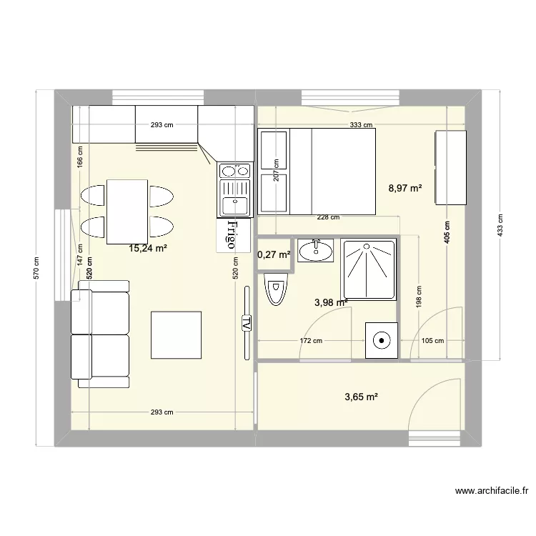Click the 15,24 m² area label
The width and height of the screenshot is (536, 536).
coord(148,249)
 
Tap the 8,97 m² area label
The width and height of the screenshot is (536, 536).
coord(405,189)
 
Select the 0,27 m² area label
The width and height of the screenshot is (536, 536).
coord(274,254)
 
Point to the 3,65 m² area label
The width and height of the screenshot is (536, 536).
coord(361,397)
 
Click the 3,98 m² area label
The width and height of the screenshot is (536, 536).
coord(331,302)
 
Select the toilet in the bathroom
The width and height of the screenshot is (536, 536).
coord(274,289)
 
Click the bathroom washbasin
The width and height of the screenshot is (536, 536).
coord(314,250)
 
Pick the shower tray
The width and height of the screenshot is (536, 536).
coord(369,269)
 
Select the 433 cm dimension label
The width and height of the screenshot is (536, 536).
coord(500,226)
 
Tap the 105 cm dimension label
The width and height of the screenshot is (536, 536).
coord(433,342)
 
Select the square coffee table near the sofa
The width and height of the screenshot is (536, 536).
coord(176,334)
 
